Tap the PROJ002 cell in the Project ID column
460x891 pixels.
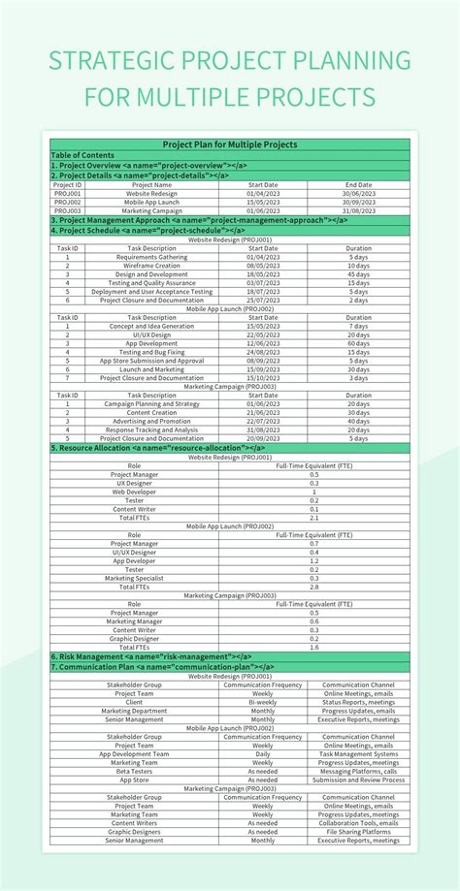pyautogui.click(x=67, y=202)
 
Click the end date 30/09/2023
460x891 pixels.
pyautogui.click(x=358, y=202)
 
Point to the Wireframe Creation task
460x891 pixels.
pyautogui.click(x=151, y=265)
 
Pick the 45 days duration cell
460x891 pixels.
pyautogui.click(x=358, y=273)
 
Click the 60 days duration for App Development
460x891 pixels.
pyautogui.click(x=358, y=343)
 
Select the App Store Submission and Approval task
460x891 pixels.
pyautogui.click(x=151, y=361)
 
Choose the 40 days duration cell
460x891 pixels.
pyautogui.click(x=358, y=421)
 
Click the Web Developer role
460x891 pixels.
pyautogui.click(x=135, y=492)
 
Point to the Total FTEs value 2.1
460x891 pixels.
pyautogui.click(x=313, y=518)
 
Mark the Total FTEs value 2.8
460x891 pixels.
pyautogui.click(x=313, y=587)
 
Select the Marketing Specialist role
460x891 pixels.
pyautogui.click(x=135, y=578)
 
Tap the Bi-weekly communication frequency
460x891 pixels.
pyautogui.click(x=262, y=701)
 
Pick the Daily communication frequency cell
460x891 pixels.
pyautogui.click(x=262, y=753)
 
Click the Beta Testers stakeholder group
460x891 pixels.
pyautogui.click(x=134, y=771)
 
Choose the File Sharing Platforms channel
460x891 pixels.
pyautogui.click(x=358, y=831)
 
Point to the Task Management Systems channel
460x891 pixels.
pyautogui.click(x=358, y=753)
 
